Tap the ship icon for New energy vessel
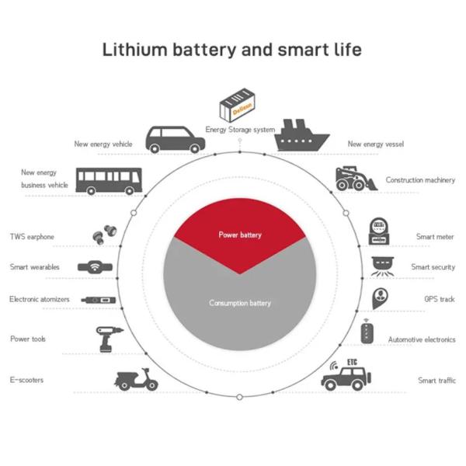pos(301,135)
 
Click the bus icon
pos(109,181)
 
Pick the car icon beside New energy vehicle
pos(175,140)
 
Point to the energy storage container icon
pos(237,105)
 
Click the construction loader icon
pos(356,179)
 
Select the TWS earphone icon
pos(105,235)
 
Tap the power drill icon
pos(109,339)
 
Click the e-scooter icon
pos(136,380)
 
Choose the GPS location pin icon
pos(380,298)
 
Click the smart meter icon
pos(379,231)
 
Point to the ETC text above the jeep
pos(352,362)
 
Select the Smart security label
pos(433,267)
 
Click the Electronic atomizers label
pos(40,299)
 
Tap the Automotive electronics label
pos(422,339)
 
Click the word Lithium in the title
pos(135,50)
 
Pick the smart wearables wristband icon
pos(95,266)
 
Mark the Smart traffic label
pos(436,380)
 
